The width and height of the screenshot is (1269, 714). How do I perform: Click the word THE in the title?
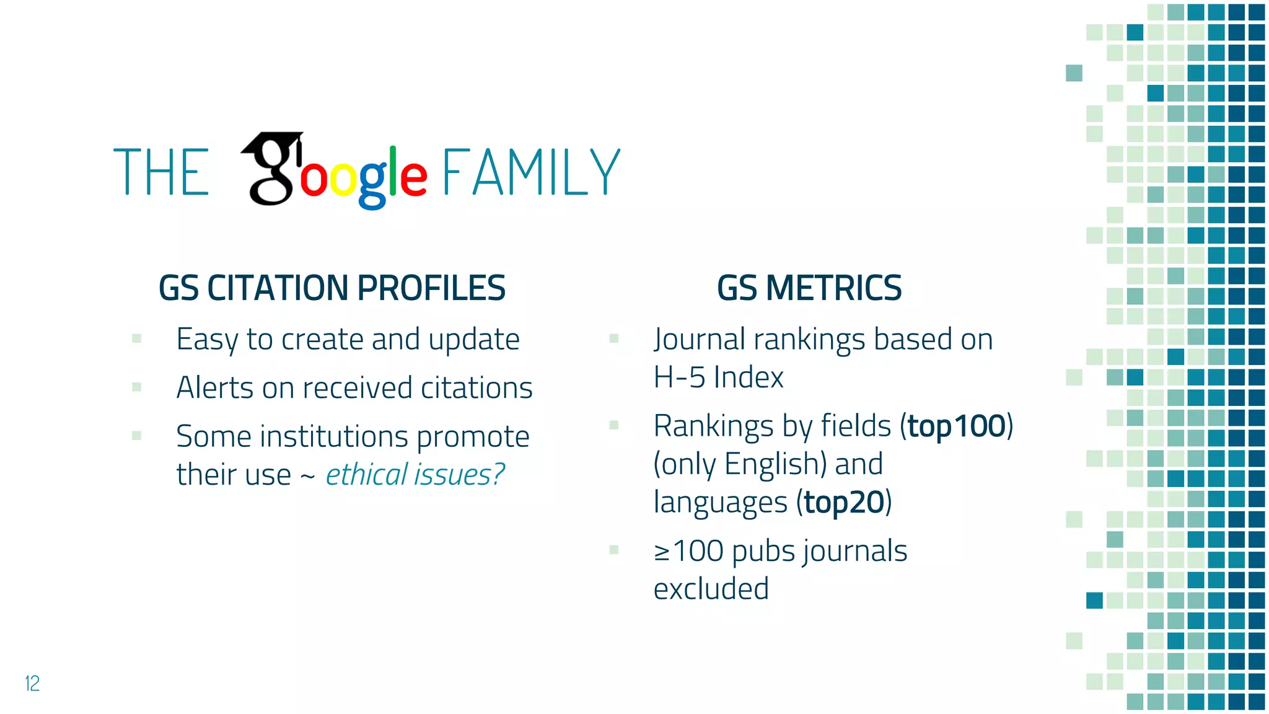(x=161, y=172)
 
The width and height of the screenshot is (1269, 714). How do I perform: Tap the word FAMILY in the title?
(x=530, y=172)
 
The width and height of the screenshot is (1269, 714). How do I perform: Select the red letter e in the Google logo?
(x=413, y=177)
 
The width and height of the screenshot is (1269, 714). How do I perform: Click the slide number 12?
(x=32, y=683)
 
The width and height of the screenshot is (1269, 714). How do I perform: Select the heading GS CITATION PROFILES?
(x=332, y=288)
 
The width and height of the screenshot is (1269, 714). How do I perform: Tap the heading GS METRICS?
(x=809, y=288)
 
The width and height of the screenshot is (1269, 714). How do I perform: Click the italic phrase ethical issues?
(x=415, y=475)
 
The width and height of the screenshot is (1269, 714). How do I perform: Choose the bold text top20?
(x=843, y=502)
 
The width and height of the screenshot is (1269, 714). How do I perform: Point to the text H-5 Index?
(x=718, y=377)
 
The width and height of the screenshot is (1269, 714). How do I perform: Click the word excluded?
(x=711, y=589)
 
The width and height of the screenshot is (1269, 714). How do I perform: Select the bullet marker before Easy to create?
(x=137, y=338)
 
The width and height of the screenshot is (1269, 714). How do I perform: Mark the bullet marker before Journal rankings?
(x=614, y=338)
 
